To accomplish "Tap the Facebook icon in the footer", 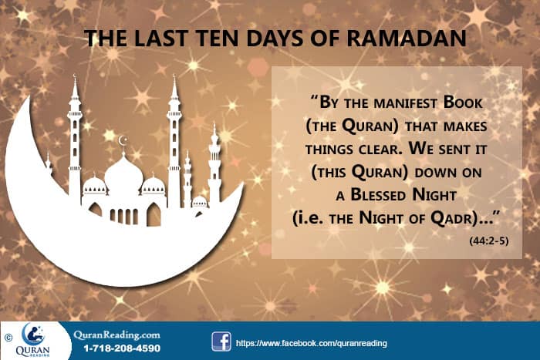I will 221,341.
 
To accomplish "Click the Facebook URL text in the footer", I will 311,342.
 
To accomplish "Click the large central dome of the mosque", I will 123,174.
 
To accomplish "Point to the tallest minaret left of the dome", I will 75,139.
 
